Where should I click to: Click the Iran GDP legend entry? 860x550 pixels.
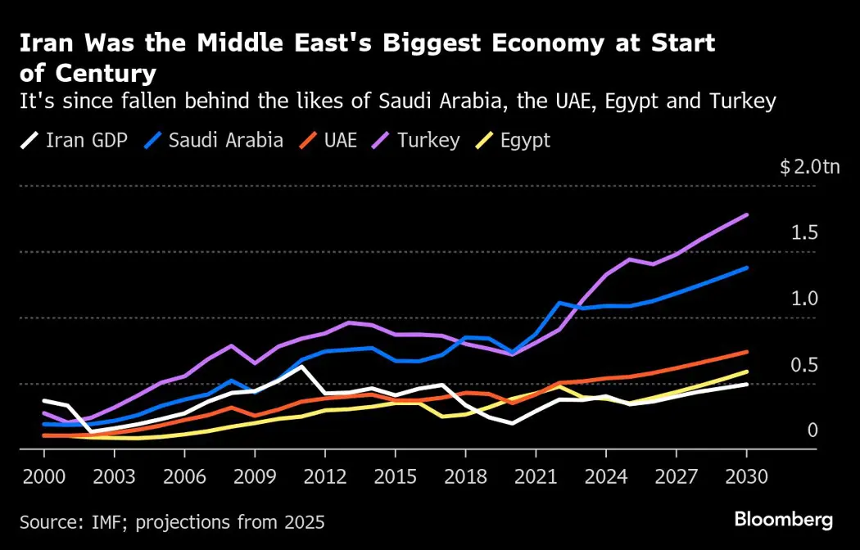tap(73, 140)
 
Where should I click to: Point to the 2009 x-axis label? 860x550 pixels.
tap(254, 475)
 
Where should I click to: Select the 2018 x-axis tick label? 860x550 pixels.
tap(465, 475)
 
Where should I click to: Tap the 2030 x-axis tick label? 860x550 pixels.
tap(747, 475)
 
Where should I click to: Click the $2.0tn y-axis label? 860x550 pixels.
tap(809, 168)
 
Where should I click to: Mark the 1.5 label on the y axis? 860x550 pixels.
tap(804, 233)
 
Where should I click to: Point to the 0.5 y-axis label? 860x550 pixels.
tap(804, 364)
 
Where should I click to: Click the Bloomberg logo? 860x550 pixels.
tap(783, 519)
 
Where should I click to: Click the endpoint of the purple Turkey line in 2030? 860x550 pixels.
tap(747, 214)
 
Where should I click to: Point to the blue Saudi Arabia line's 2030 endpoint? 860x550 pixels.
tap(747, 268)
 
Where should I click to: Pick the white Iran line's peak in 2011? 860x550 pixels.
tap(301, 366)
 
